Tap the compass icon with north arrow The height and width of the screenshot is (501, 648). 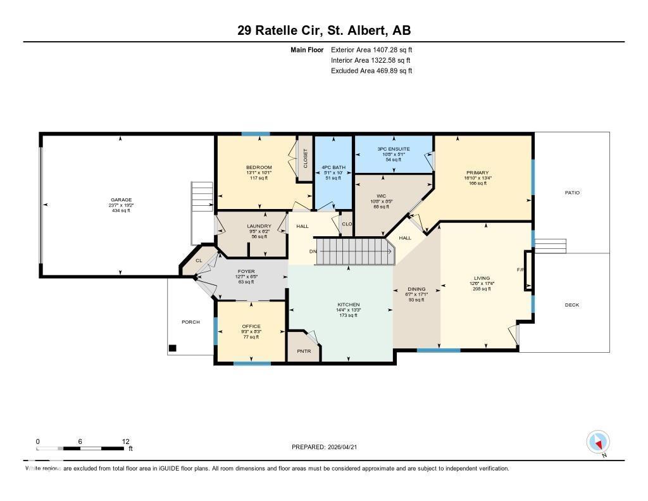tap(597, 441)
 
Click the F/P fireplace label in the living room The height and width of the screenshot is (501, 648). tap(521, 270)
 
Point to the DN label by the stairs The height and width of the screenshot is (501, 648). tap(313, 251)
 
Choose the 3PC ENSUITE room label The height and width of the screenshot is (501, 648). tap(394, 149)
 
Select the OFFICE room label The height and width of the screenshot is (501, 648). tap(251, 326)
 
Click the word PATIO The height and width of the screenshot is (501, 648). tap(572, 193)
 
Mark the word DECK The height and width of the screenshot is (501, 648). tap(571, 305)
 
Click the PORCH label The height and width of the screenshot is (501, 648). tap(190, 322)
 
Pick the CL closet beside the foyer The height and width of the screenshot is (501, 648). tap(199, 260)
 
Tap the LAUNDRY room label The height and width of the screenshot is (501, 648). tap(259, 226)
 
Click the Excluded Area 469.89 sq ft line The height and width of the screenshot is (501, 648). tap(371, 71)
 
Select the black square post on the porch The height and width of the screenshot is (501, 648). tap(172, 348)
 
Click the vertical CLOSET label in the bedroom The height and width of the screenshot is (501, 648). tap(304, 157)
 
